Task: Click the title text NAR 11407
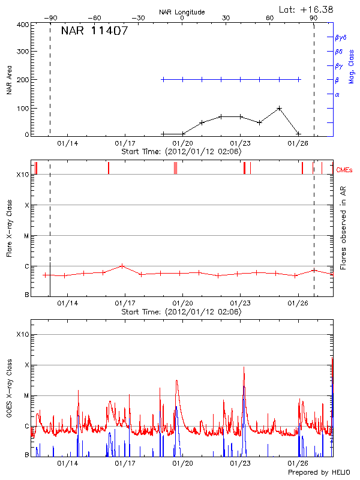pyautogui.click(x=94, y=31)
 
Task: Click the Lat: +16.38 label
pyautogui.click(x=307, y=9)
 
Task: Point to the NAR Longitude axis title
pyautogui.click(x=182, y=12)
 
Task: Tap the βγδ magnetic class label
pyautogui.click(x=340, y=37)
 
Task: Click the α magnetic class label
pyautogui.click(x=337, y=94)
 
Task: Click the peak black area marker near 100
pyautogui.click(x=280, y=109)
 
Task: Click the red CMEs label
pyautogui.click(x=345, y=170)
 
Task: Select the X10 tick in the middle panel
pyautogui.click(x=23, y=175)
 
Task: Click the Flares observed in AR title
pyautogui.click(x=343, y=228)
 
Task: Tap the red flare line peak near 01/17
pyautogui.click(x=122, y=266)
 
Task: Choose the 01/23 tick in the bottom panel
pyautogui.click(x=241, y=464)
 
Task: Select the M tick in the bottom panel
pyautogui.click(x=27, y=395)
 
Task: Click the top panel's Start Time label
pyautogui.click(x=181, y=152)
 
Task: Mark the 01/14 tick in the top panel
pyautogui.click(x=67, y=143)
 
